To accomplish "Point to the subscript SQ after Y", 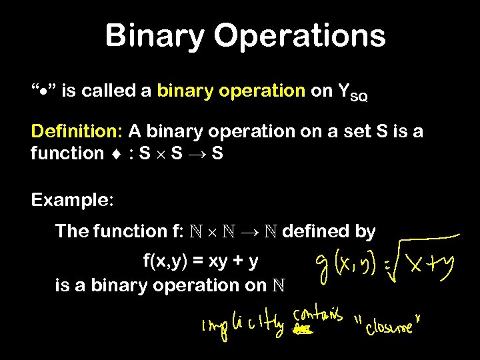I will point(358,97).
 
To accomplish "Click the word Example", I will point(73,199).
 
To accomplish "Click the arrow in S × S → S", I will point(198,154).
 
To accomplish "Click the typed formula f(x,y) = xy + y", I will point(201,261).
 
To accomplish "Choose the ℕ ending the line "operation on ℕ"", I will point(282,285).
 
